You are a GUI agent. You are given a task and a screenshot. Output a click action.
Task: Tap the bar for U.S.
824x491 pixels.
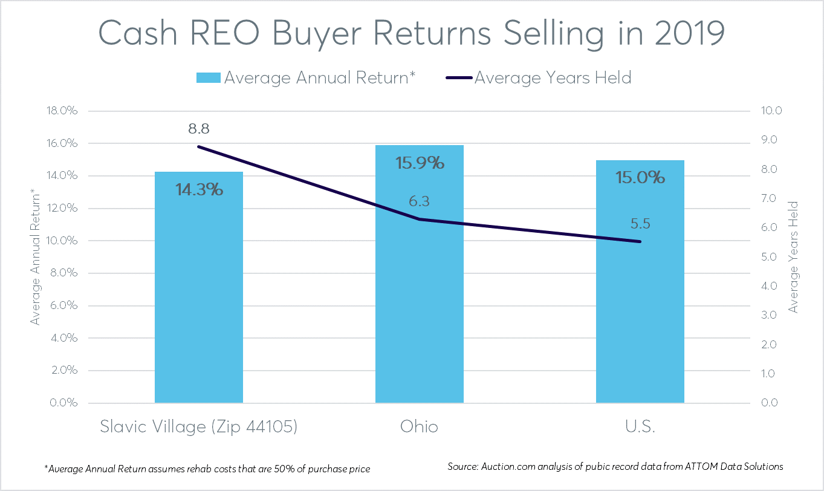tap(640, 302)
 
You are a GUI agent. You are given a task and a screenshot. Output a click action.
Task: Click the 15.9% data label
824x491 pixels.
tap(420, 163)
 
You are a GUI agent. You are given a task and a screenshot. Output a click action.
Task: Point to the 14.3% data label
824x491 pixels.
tap(199, 189)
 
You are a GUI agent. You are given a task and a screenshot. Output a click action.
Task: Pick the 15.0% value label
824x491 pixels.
tap(640, 177)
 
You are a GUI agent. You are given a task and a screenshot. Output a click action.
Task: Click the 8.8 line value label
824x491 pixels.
tap(198, 129)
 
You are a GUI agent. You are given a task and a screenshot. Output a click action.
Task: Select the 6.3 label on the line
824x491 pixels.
tap(419, 201)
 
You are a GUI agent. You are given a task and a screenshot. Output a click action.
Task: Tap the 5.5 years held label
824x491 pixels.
tap(640, 224)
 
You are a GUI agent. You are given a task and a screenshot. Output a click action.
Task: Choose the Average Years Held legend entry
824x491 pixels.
tap(553, 78)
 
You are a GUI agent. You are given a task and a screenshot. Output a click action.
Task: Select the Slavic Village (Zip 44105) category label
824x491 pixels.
tap(199, 427)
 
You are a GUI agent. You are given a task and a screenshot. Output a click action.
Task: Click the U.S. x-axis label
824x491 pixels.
tap(640, 427)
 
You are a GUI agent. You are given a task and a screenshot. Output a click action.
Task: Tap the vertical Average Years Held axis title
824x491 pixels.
tap(794, 257)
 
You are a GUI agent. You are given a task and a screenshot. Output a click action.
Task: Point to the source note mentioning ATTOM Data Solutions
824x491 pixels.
tap(615, 467)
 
